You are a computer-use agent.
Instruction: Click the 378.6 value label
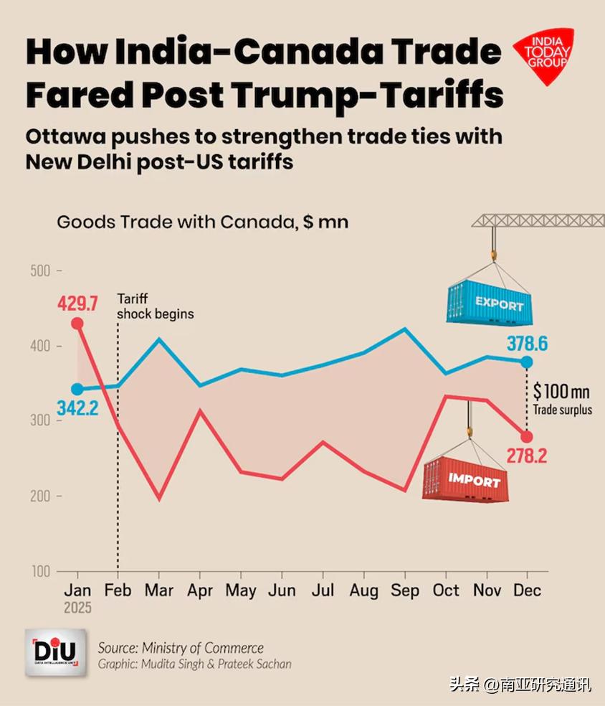click(x=527, y=343)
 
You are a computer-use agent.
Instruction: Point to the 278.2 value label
click(x=526, y=456)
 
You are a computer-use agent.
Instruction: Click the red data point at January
click(x=77, y=324)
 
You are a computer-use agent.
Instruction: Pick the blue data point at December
click(x=527, y=362)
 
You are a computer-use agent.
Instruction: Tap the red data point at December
click(x=527, y=437)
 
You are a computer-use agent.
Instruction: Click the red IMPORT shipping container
click(x=466, y=477)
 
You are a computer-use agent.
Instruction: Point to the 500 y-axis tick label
click(x=42, y=271)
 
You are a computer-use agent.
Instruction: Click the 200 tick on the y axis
click(x=42, y=496)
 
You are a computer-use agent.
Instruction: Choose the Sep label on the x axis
click(x=405, y=590)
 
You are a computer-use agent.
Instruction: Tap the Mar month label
click(x=159, y=590)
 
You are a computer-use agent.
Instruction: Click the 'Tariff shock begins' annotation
click(x=155, y=306)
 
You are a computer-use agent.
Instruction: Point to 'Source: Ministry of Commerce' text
click(x=181, y=648)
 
